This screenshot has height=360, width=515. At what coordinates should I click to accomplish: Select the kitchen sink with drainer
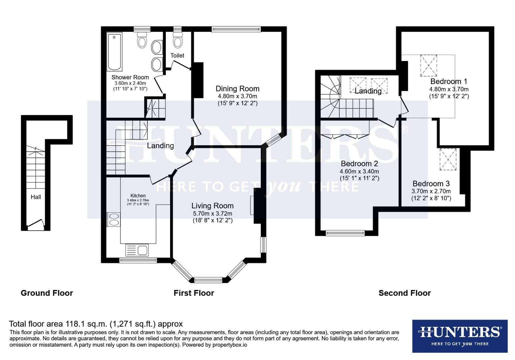[137, 250]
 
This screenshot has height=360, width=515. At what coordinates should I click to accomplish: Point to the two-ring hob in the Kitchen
[114, 220]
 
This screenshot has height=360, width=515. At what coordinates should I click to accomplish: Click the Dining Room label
[237, 89]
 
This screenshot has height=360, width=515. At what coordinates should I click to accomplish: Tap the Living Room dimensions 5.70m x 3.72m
[212, 214]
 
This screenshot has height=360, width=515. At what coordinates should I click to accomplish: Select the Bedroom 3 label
[431, 184]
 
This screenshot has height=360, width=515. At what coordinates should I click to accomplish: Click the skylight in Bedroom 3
[448, 160]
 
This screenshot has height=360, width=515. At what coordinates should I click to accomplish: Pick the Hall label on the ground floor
[36, 197]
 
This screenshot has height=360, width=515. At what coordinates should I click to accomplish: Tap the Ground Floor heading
[47, 293]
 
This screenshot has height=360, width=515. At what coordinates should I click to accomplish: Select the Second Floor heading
[404, 293]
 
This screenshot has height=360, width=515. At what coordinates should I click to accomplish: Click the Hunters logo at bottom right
[460, 336]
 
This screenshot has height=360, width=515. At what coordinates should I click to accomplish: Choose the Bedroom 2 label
[359, 164]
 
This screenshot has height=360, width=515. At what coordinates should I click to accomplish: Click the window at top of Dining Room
[236, 29]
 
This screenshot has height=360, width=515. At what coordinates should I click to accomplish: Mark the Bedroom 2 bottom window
[345, 233]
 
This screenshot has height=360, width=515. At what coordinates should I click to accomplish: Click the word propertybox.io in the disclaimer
[230, 345]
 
